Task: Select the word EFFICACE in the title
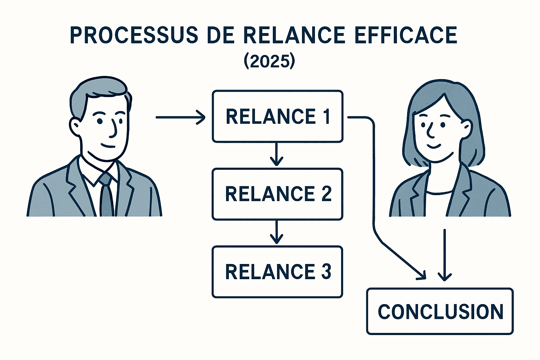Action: [406, 35]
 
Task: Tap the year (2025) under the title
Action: [269, 61]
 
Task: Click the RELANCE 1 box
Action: [277, 116]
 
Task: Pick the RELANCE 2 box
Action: [277, 194]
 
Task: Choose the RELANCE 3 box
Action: [277, 272]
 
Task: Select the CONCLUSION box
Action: [440, 311]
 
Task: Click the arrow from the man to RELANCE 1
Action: [180, 117]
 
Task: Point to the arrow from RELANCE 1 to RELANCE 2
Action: [277, 155]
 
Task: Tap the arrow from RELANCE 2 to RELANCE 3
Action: [277, 232]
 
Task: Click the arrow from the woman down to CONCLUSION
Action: [445, 255]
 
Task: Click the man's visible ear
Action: [75, 127]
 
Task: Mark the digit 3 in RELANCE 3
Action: [326, 272]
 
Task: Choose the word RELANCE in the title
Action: [294, 35]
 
